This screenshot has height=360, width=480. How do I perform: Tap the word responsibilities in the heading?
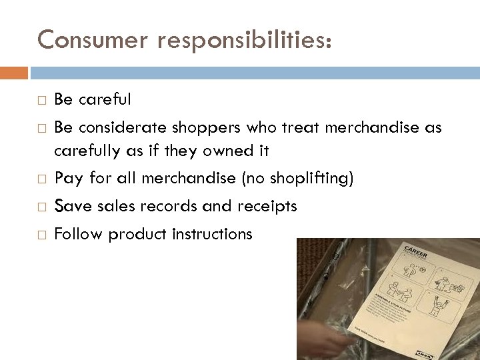coord(243,41)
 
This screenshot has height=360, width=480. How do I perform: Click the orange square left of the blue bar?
coord(14,72)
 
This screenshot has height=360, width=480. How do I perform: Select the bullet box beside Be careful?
coord(42,101)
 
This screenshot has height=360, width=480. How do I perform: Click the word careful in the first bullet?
coord(105,100)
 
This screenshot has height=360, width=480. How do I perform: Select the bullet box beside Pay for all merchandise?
coord(42,179)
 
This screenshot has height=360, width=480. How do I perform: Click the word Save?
coord(73,207)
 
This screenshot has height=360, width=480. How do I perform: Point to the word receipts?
coord(266,207)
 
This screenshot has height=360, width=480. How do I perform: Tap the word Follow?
coord(78,234)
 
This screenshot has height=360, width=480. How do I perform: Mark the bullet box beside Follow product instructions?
coord(42,235)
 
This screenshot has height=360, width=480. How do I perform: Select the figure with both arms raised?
coord(435,306)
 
